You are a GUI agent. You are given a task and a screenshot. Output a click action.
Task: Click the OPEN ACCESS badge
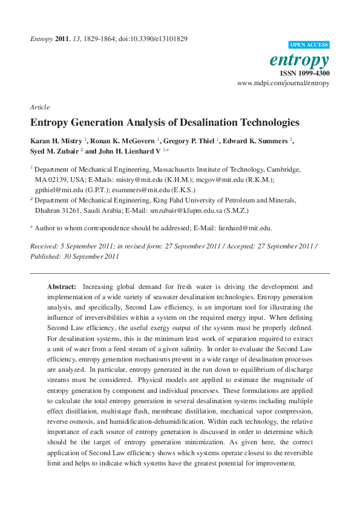point(309,45)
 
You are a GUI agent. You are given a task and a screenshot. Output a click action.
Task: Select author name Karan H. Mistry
point(56,141)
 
